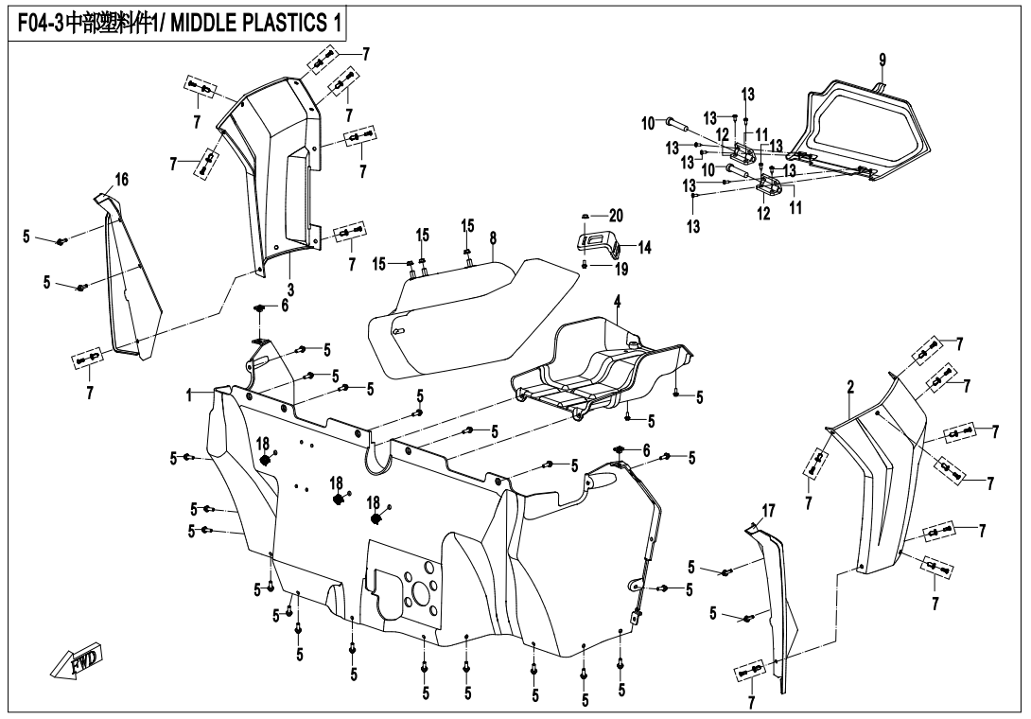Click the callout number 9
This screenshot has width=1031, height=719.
882,60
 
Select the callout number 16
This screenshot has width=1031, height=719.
121,180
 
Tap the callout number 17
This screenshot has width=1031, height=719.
768,511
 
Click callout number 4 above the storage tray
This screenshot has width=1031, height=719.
617,302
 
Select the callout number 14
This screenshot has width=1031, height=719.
644,248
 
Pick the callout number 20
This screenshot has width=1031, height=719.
617,215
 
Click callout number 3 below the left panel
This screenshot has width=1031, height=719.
290,289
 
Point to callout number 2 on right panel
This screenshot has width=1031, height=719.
850,386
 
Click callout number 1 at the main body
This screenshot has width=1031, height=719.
189,395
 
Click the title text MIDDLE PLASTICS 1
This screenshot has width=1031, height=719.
255,22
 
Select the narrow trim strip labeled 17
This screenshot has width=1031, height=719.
776,605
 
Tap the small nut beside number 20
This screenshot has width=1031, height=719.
586,216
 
